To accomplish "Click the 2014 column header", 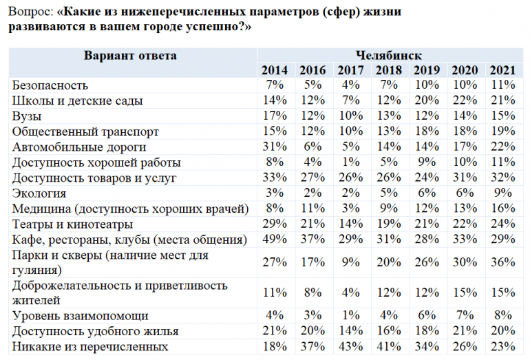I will coord(275,70).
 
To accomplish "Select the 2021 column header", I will coord(502,70).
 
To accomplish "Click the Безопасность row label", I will coord(51,85).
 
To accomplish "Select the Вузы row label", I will coord(27,116).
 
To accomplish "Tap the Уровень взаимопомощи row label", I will coord(81,316).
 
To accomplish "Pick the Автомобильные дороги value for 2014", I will coord(275,147).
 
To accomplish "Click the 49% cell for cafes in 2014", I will coord(275,239).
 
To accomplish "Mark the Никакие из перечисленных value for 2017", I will coord(350,346).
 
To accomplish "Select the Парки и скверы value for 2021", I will coord(502,262).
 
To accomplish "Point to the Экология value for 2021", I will coord(503,193).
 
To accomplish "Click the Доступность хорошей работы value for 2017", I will coord(350,162).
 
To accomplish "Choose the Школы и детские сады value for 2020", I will coord(465,100).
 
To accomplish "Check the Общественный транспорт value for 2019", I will coord(427,131).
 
